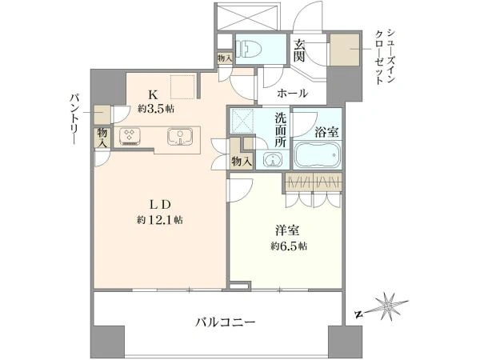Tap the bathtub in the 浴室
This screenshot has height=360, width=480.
317,154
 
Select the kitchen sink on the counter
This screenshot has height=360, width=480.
180,137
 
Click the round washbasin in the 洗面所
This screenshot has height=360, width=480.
271,159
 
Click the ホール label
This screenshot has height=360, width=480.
292,93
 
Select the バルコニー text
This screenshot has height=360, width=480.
226,322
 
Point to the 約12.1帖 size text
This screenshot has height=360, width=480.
160,219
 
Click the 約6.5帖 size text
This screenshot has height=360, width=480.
289,246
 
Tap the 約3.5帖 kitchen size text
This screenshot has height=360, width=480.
155,108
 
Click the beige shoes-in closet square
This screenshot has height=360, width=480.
345,50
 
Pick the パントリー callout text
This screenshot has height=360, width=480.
74,118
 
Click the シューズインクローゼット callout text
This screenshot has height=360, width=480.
385,56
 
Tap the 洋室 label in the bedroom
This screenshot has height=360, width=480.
287,230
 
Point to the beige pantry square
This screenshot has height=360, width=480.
102,114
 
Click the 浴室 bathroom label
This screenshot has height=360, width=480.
326,132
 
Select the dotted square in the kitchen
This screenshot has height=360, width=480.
182,86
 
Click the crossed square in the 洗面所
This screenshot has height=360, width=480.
242,122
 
